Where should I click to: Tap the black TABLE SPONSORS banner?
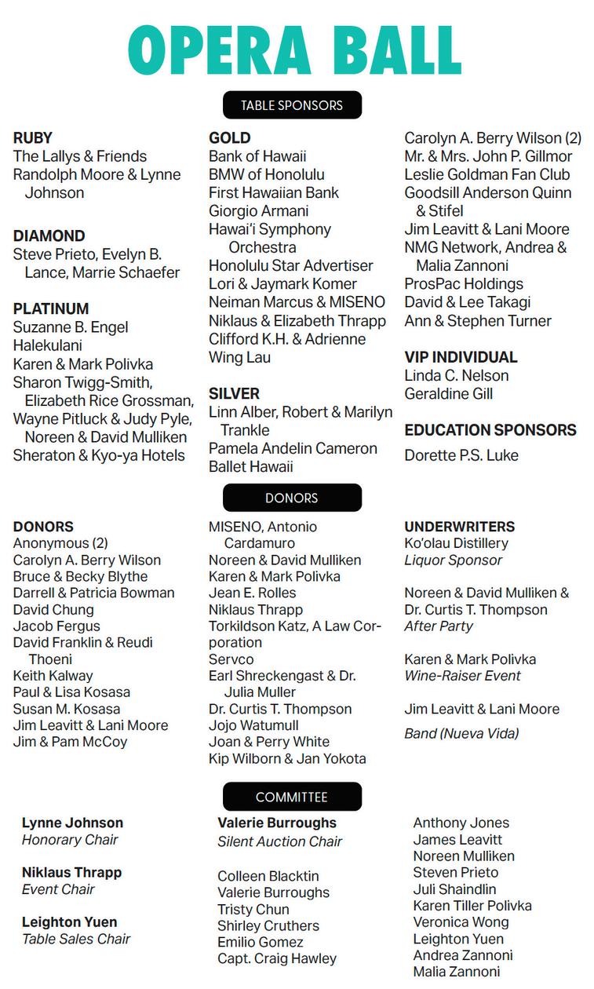(291, 105)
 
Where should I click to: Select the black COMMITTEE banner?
(291, 797)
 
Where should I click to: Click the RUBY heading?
(33, 138)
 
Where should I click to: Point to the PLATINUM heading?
(51, 308)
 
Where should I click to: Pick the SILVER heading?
(234, 393)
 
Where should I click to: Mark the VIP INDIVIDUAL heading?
(461, 357)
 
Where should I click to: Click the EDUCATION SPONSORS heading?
(490, 430)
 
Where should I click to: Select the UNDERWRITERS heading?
(460, 527)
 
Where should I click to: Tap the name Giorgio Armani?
(259, 211)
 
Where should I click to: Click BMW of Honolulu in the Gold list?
(266, 174)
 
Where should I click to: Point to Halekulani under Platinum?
(48, 345)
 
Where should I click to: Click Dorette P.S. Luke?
(461, 455)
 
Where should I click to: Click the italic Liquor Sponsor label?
(453, 560)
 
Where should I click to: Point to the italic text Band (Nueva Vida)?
(461, 734)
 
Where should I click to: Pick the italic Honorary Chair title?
(70, 840)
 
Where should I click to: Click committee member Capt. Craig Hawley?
(277, 958)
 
